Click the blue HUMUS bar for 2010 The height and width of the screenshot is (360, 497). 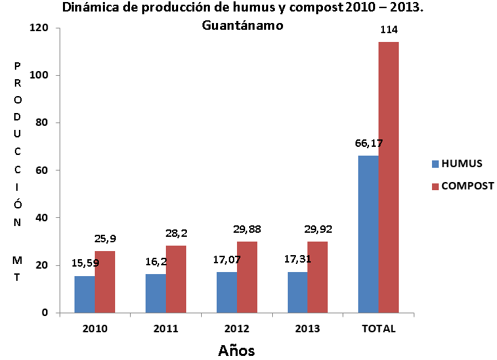[x=85, y=294]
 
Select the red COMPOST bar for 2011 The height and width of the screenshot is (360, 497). [x=176, y=279]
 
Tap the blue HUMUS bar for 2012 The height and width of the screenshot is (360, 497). [x=227, y=292]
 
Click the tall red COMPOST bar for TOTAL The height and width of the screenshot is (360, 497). [x=389, y=177]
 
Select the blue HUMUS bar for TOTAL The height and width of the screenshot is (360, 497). [x=368, y=233]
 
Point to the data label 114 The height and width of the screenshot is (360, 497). [x=389, y=30]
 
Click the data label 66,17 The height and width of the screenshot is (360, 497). [x=368, y=143]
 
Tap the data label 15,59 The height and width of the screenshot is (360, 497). [x=85, y=263]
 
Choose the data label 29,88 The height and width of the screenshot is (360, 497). [x=247, y=229]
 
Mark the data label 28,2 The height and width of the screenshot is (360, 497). [x=177, y=233]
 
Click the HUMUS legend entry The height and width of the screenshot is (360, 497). [x=458, y=163]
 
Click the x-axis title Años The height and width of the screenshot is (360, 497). [x=236, y=350]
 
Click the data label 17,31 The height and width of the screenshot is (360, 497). [x=298, y=259]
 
